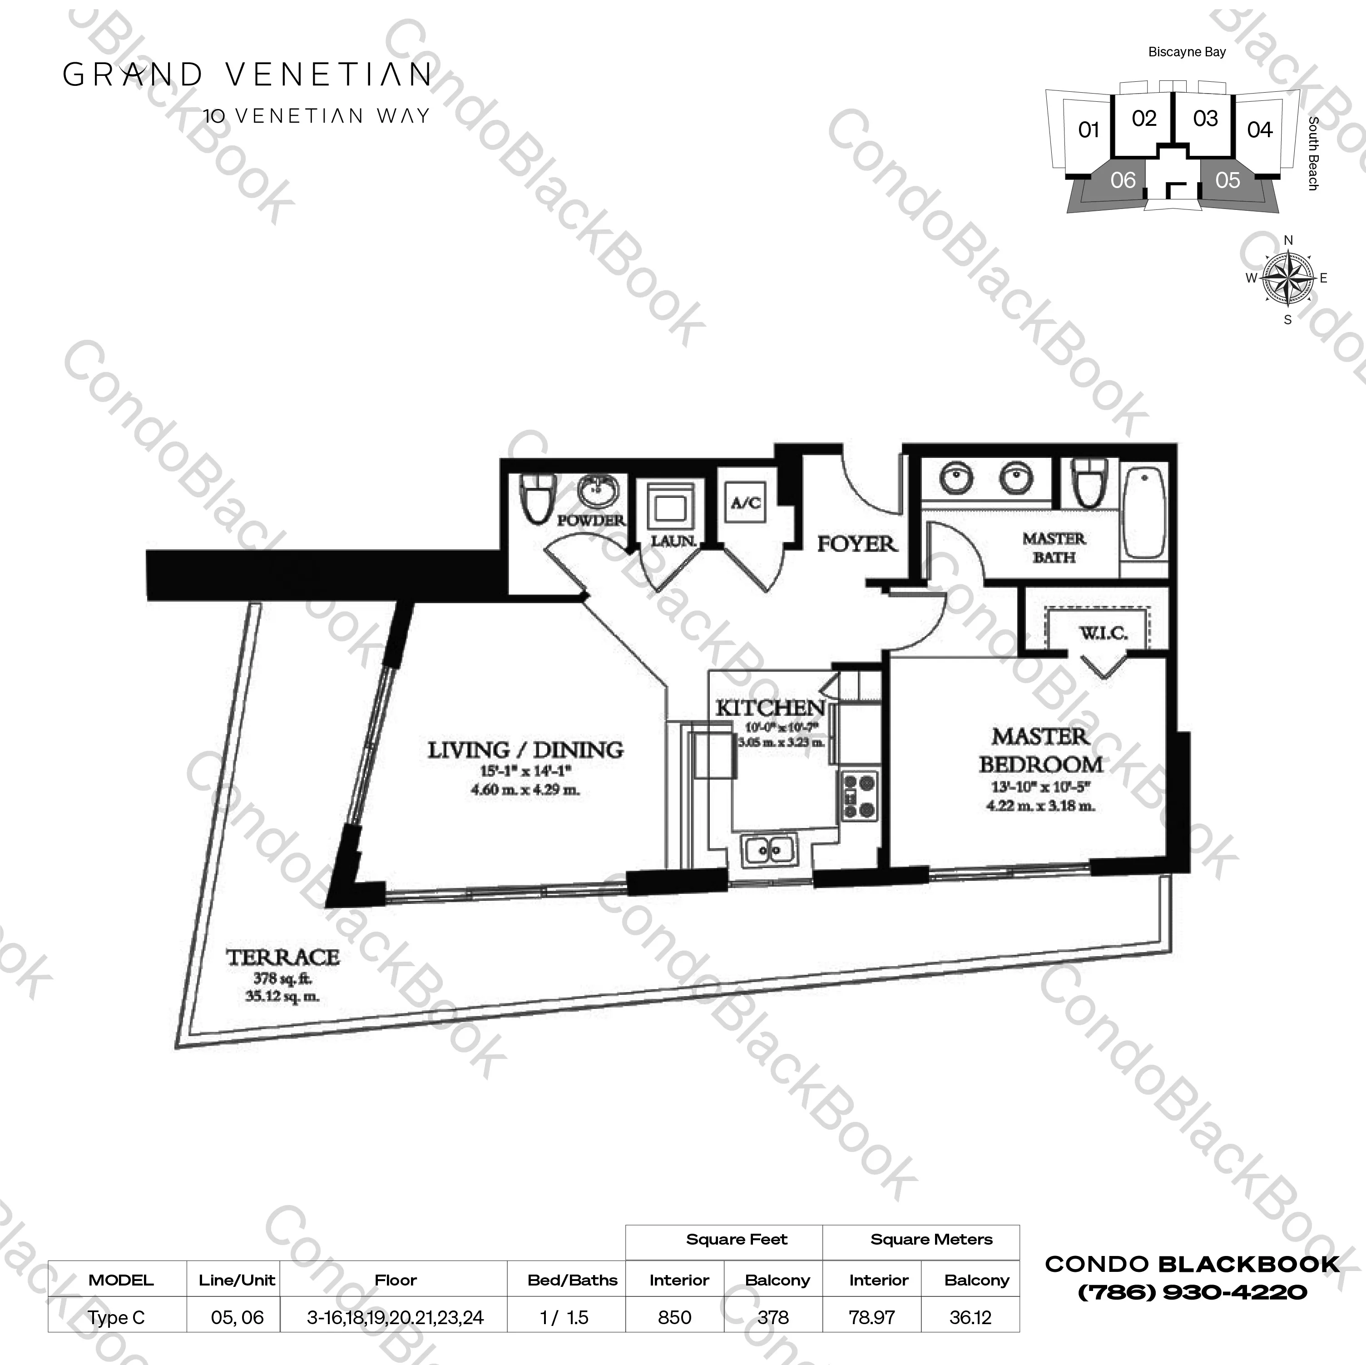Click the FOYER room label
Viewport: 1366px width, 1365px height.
click(856, 544)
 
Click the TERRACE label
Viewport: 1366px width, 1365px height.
click(283, 958)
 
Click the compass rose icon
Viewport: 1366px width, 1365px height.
click(1287, 278)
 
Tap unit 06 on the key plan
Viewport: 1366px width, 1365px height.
click(1123, 180)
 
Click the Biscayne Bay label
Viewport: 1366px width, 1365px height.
click(1187, 52)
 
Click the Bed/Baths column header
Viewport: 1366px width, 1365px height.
click(572, 1280)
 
